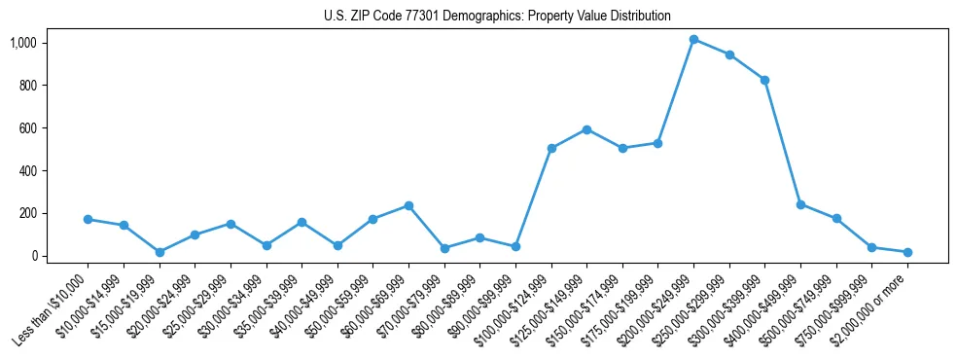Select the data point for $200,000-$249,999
tap(693, 39)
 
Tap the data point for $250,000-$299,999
tap(729, 54)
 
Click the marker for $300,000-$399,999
tap(764, 80)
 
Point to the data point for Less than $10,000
tap(88, 219)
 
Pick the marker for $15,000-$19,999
tap(159, 252)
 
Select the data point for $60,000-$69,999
tap(408, 205)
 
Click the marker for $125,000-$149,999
tap(586, 129)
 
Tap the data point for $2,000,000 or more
tap(907, 252)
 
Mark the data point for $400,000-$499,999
tap(800, 204)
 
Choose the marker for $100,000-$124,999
tap(551, 148)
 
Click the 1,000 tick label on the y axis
tap(23, 43)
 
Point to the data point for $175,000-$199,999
tap(657, 143)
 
